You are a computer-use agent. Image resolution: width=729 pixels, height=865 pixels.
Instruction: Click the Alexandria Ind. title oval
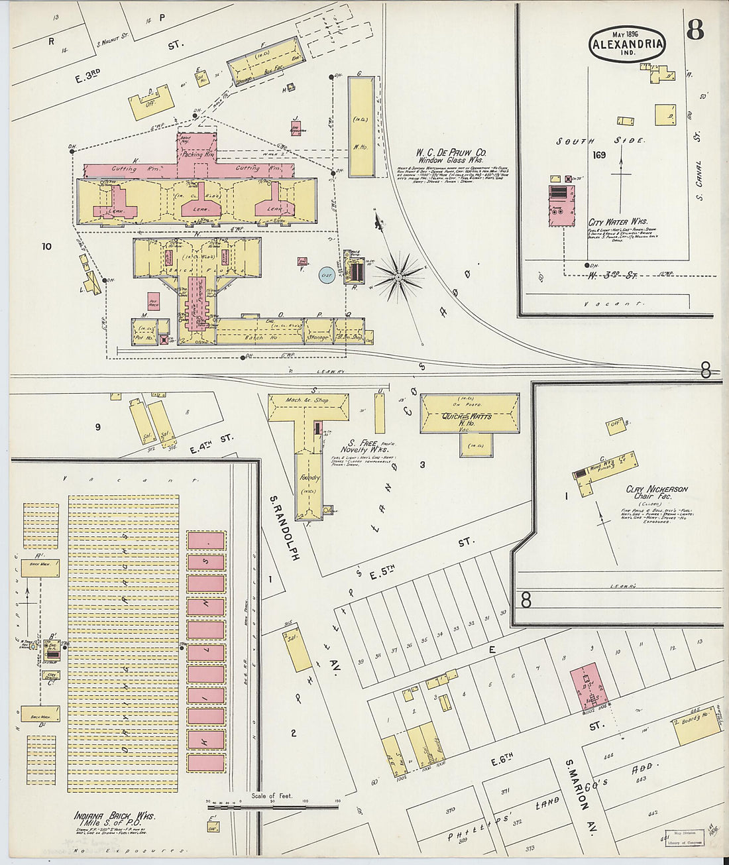627,44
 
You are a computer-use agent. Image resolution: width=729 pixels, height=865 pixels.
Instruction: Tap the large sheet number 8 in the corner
695,30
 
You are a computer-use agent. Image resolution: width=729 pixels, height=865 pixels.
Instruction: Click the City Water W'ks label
618,222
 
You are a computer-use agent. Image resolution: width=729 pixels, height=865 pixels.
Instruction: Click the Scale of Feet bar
273,807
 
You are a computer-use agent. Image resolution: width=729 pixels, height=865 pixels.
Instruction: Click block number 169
599,155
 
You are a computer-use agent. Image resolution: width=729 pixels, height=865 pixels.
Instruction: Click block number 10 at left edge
46,247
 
